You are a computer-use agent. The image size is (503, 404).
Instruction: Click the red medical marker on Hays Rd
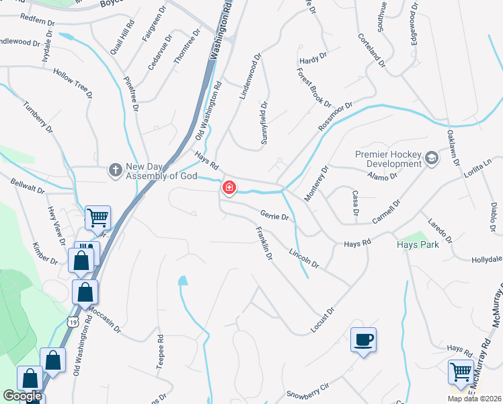(x=229, y=188)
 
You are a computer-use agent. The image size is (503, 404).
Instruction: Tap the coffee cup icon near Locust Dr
(x=363, y=339)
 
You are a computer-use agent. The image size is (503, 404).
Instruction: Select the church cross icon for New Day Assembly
(x=116, y=170)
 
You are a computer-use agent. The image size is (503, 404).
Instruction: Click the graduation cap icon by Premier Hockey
(x=432, y=159)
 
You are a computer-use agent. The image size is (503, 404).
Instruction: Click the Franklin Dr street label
(x=264, y=244)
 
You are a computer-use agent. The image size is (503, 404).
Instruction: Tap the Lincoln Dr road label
(x=303, y=256)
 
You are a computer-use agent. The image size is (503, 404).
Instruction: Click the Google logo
(x=23, y=397)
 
